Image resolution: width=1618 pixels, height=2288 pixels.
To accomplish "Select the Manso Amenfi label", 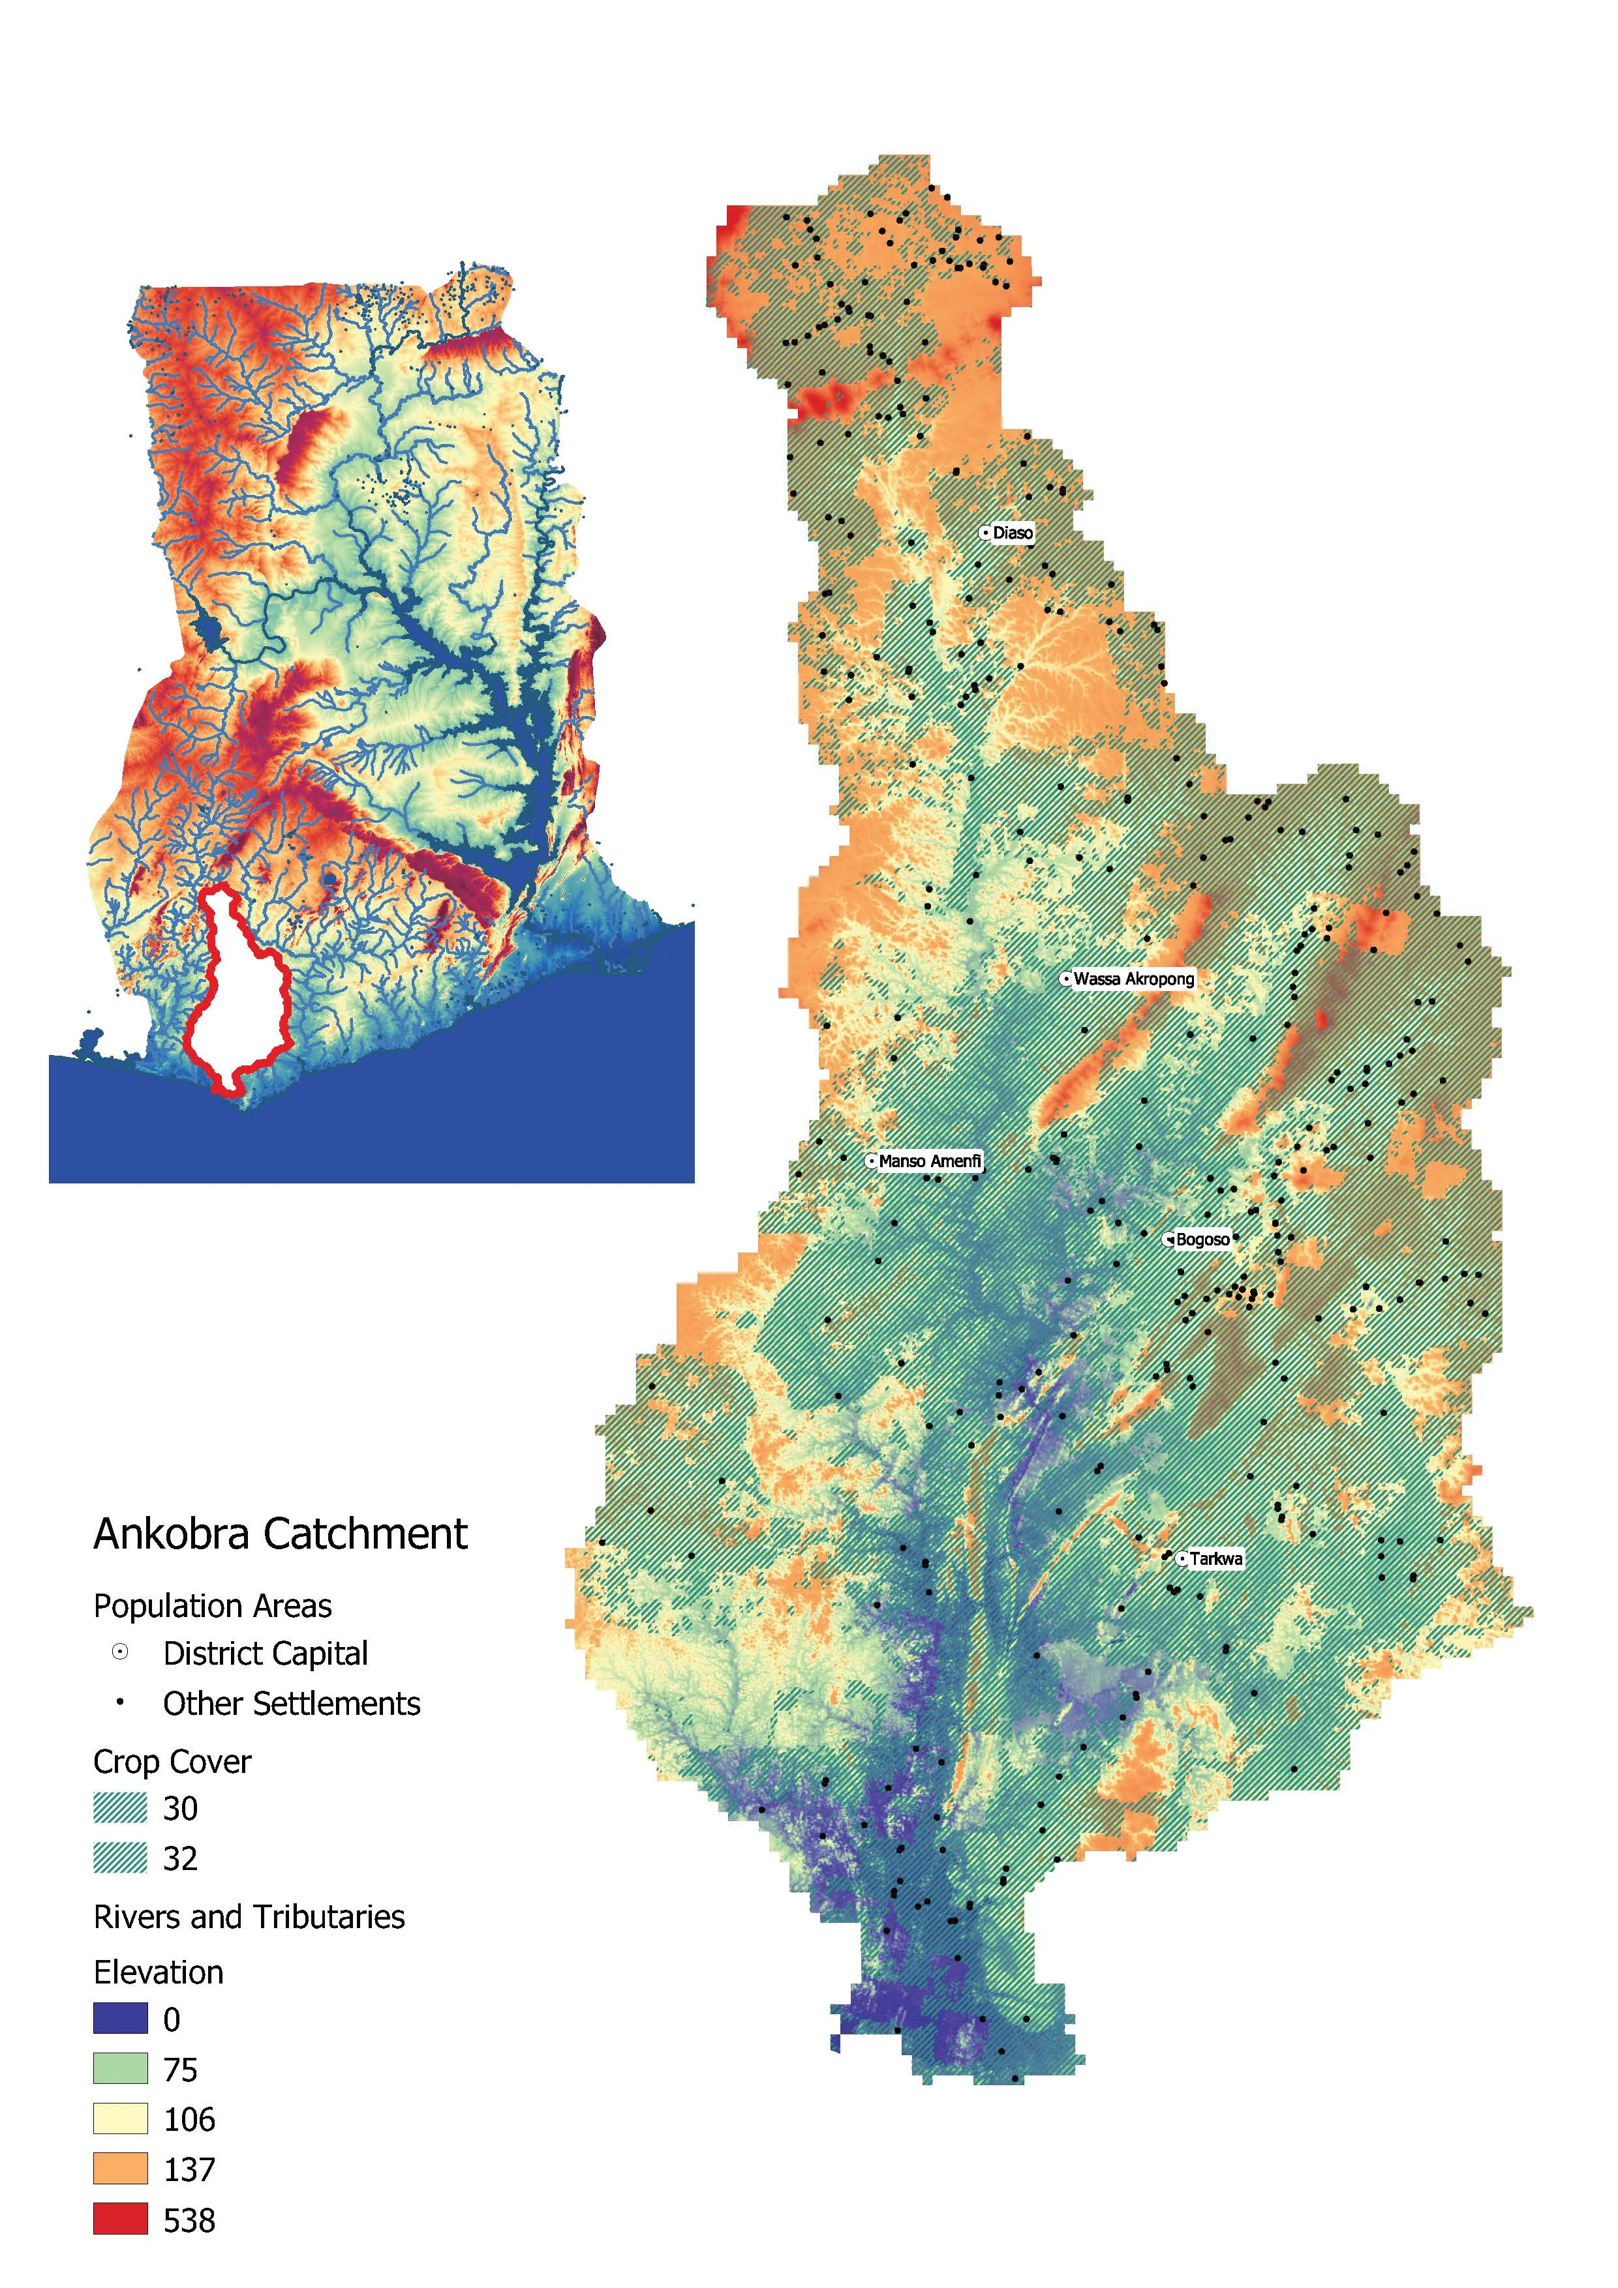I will pyautogui.click(x=929, y=1161).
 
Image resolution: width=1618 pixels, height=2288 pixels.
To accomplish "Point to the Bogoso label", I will pyautogui.click(x=1202, y=1240).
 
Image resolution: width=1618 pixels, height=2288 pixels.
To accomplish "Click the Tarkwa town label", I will pyautogui.click(x=1215, y=1558).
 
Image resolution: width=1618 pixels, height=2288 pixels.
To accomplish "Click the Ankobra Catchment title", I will pyautogui.click(x=280, y=1534).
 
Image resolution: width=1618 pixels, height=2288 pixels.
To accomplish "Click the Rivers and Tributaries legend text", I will pyautogui.click(x=249, y=1917).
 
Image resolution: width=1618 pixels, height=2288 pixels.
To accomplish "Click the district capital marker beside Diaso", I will pyautogui.click(x=986, y=533).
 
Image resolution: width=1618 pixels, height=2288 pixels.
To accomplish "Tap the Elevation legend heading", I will pyautogui.click(x=159, y=1973).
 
